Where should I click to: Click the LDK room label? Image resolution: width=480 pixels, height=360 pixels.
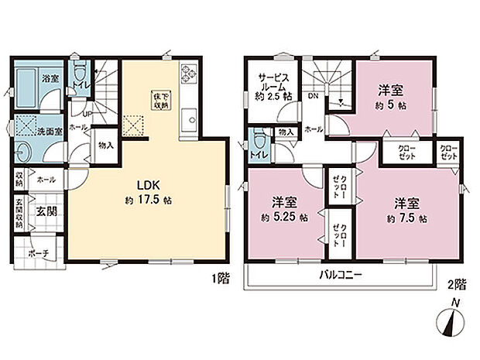click(149, 187)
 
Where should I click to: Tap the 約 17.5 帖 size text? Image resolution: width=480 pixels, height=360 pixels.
click(149, 201)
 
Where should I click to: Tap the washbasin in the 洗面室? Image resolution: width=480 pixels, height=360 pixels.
click(23, 151)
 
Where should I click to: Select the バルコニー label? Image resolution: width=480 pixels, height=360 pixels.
click(339, 275)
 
